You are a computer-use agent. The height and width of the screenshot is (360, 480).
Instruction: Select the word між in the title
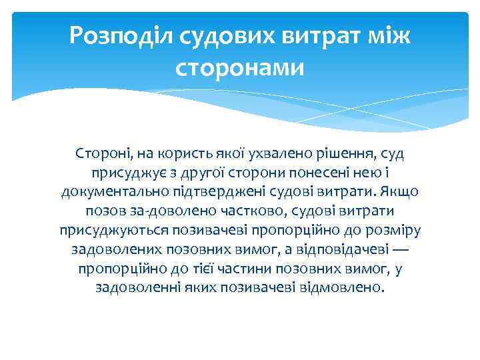386,36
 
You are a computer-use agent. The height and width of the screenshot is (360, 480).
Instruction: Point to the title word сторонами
239,67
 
